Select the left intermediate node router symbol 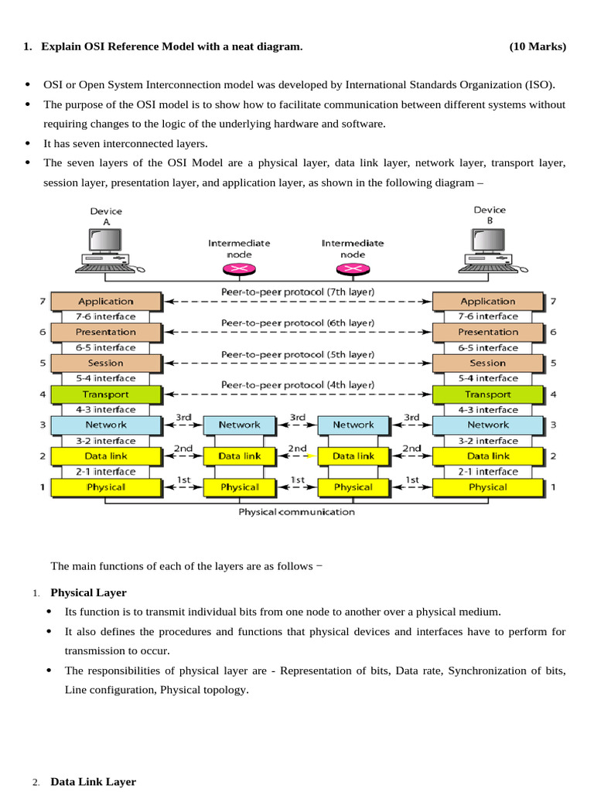[x=239, y=268]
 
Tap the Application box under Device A [x=106, y=302]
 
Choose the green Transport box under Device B [x=488, y=394]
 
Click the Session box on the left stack [x=106, y=363]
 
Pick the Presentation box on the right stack [x=488, y=333]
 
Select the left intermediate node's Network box [x=239, y=425]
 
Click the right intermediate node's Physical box [x=353, y=487]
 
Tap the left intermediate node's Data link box [x=239, y=456]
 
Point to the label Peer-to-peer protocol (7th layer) [x=298, y=292]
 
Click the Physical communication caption [x=297, y=512]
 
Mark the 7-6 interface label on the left [x=106, y=317]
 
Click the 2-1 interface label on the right [x=488, y=472]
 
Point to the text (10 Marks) [x=538, y=47]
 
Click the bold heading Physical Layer [x=88, y=593]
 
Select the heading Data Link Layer [x=93, y=782]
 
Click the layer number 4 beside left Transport [x=43, y=394]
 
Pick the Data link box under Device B [x=488, y=456]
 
